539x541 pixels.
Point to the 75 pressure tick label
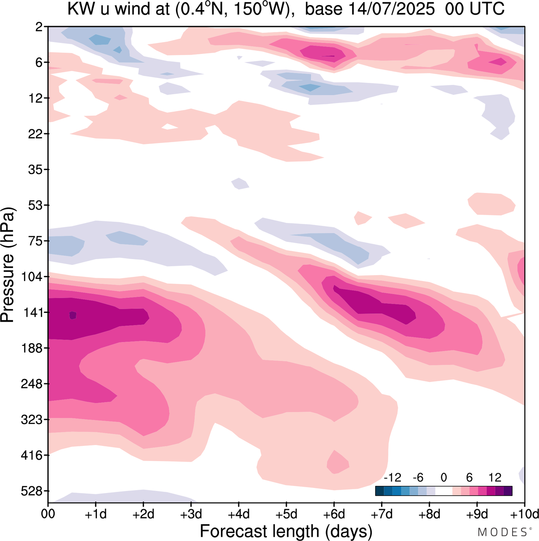click(36, 241)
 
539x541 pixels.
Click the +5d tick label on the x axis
click(286, 514)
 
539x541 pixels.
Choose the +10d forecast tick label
click(524, 514)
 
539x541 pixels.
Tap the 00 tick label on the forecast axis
click(48, 514)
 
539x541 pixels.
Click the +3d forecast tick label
click(191, 514)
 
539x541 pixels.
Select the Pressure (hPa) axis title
click(8, 265)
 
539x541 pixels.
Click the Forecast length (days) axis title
click(286, 531)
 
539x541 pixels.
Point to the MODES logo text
click(502, 532)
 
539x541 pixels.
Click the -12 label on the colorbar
click(392, 478)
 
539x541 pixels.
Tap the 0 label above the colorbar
click(443, 478)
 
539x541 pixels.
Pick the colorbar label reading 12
click(495, 478)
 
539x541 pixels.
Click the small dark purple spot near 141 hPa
click(73, 315)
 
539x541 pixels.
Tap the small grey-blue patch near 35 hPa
click(240, 183)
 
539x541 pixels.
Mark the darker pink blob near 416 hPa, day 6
click(338, 462)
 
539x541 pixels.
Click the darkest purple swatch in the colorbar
click(508, 491)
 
